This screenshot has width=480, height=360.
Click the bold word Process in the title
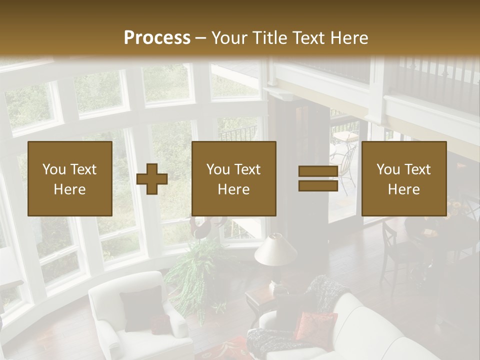157,38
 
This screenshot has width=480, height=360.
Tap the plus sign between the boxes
152,178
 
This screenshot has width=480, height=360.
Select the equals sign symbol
318,178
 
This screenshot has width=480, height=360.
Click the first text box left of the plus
70,178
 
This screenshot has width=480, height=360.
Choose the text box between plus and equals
233,178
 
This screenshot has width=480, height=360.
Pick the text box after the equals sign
403,178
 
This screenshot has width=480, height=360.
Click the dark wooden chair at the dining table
395,255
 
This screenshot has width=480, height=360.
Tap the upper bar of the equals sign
318,171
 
